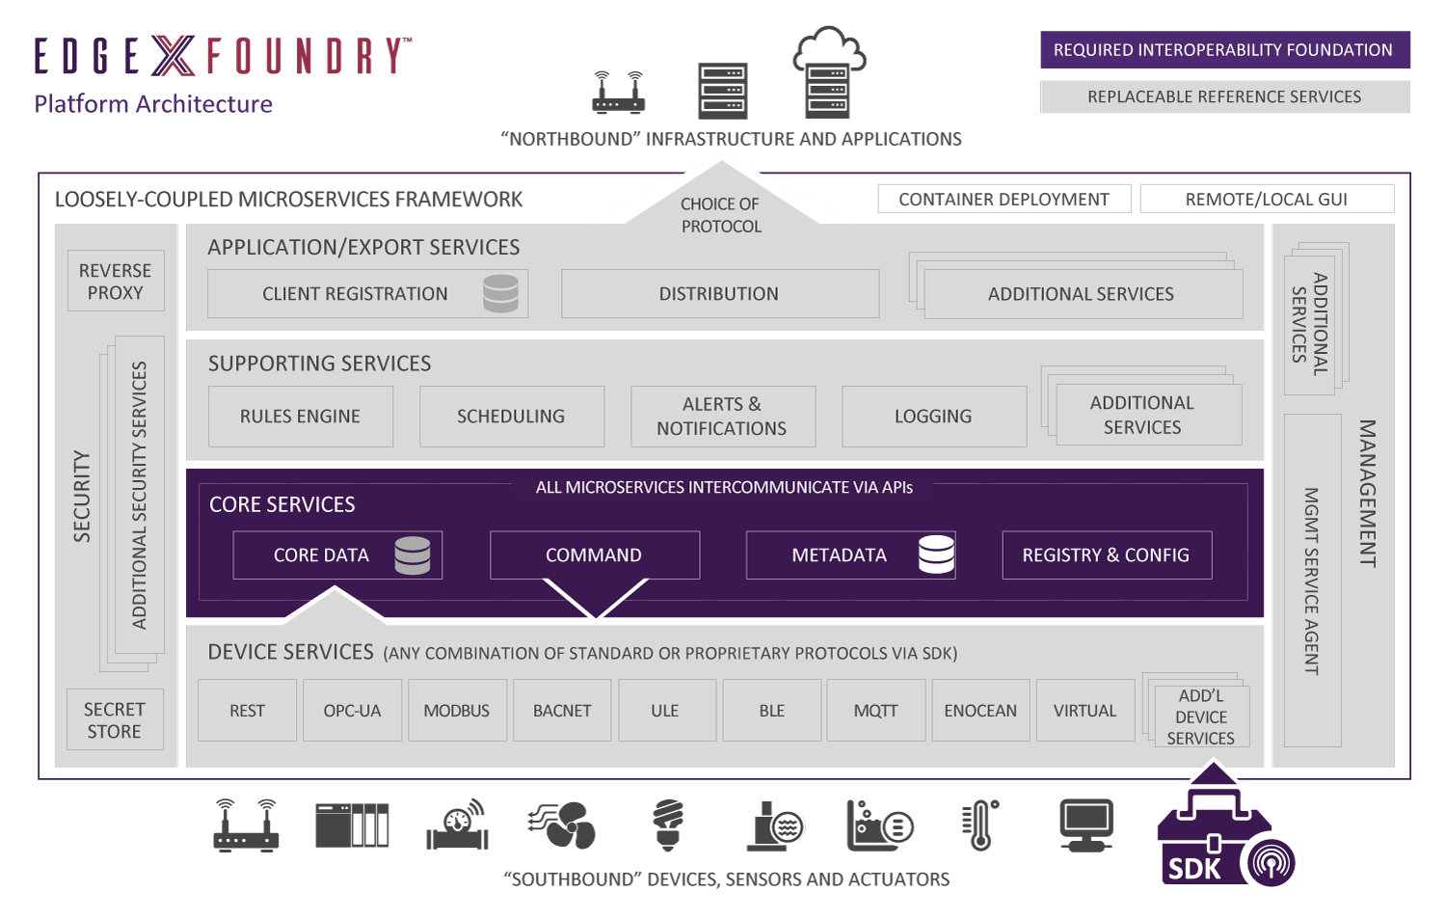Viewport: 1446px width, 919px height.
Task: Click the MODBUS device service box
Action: tap(457, 711)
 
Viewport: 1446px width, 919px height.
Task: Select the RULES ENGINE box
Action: tap(300, 417)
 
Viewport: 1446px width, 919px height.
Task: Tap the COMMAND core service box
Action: tap(594, 555)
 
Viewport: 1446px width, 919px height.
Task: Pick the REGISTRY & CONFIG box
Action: tap(1106, 555)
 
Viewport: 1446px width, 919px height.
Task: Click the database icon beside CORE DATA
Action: tap(413, 555)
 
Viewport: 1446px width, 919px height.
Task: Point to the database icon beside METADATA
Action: tap(936, 554)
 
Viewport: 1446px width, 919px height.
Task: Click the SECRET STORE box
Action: tap(115, 720)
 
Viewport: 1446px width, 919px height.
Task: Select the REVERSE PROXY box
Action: tap(116, 282)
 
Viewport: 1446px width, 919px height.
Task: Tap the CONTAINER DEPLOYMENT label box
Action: tap(1004, 200)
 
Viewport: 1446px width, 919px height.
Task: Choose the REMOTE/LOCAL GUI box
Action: tap(1266, 200)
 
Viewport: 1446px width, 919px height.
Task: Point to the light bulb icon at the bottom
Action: tap(668, 824)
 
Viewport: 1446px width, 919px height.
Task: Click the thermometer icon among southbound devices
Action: tap(980, 825)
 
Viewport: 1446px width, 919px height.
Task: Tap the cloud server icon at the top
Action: tap(828, 72)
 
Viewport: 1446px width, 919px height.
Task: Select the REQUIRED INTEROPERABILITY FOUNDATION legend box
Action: tap(1224, 50)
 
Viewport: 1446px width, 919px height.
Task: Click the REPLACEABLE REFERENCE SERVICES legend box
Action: tap(1224, 96)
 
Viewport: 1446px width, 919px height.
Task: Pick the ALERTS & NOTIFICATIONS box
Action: tap(722, 417)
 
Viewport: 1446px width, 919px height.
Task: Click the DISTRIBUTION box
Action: tap(719, 294)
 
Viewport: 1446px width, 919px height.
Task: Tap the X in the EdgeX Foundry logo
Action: tap(174, 56)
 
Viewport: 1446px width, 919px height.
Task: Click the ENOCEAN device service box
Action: tap(980, 711)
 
